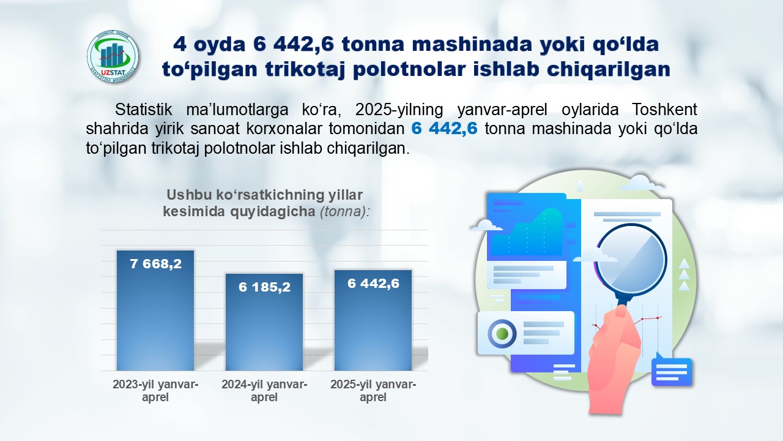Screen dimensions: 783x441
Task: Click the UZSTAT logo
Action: pyautogui.click(x=113, y=57)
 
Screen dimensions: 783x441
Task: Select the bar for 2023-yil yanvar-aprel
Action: pyautogui.click(x=155, y=310)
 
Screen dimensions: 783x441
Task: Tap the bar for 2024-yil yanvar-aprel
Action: pyautogui.click(x=264, y=322)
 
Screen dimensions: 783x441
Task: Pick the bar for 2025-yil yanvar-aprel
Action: pyautogui.click(x=373, y=320)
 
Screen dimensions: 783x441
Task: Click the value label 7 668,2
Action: pyautogui.click(x=156, y=264)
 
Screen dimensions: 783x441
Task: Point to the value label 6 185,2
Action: pyautogui.click(x=265, y=287)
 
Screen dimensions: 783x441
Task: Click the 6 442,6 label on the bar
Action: pyautogui.click(x=373, y=284)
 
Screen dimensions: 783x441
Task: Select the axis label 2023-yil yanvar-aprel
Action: pyautogui.click(x=155, y=391)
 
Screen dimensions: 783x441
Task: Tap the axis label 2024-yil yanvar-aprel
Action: pyautogui.click(x=264, y=391)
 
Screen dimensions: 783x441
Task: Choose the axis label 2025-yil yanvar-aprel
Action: pyautogui.click(x=373, y=391)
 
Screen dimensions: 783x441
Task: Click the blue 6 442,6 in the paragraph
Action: pyautogui.click(x=444, y=129)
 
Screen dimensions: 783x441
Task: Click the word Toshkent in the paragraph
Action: pyautogui.click(x=664, y=110)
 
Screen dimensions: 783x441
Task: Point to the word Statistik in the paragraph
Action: pyautogui.click(x=143, y=110)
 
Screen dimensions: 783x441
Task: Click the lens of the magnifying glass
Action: pyautogui.click(x=631, y=260)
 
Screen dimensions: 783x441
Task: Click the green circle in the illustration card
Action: pyautogui.click(x=502, y=333)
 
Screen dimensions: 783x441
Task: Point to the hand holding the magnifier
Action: pyautogui.click(x=614, y=361)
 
